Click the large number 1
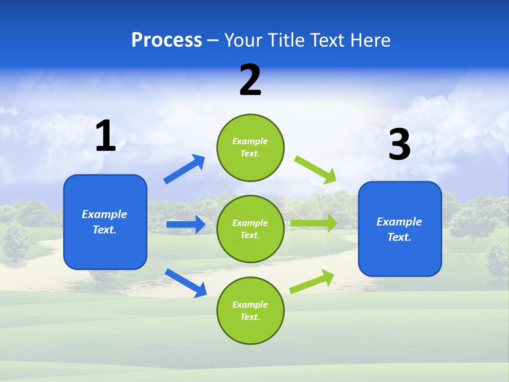[106, 136]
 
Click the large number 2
[250, 80]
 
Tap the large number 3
[399, 145]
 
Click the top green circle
[250, 147]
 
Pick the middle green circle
[250, 229]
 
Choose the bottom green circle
[250, 310]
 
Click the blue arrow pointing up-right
[184, 169]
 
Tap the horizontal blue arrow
[186, 224]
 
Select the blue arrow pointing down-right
[186, 283]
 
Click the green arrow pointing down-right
[315, 169]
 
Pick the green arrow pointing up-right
[312, 281]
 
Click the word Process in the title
[166, 40]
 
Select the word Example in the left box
[104, 214]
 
